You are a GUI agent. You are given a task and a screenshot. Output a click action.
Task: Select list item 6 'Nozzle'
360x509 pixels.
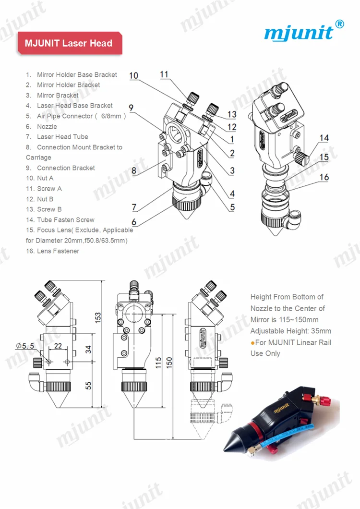pyautogui.click(x=47, y=126)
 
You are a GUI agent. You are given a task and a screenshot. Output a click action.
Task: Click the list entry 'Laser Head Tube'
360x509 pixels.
pyautogui.click(x=62, y=137)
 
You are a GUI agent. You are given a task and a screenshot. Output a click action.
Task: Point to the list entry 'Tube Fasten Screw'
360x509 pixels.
pyautogui.click(x=65, y=219)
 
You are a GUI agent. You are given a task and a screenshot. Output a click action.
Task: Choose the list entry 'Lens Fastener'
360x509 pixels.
pyautogui.click(x=58, y=251)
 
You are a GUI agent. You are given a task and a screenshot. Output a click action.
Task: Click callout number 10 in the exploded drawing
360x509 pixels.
pyautogui.click(x=134, y=75)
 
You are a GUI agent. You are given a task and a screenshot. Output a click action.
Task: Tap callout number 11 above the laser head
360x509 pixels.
pyautogui.click(x=165, y=74)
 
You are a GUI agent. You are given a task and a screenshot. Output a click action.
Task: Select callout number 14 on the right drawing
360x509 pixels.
pyautogui.click(x=324, y=138)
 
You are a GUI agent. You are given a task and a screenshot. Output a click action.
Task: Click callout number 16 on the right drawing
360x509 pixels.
pyautogui.click(x=324, y=177)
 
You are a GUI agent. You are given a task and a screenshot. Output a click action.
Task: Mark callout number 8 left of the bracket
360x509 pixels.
pyautogui.click(x=134, y=170)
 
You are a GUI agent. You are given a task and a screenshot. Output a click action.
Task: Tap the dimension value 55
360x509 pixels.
pyautogui.click(x=88, y=385)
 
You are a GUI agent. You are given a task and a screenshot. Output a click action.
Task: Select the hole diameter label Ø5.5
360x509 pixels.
pyautogui.click(x=24, y=346)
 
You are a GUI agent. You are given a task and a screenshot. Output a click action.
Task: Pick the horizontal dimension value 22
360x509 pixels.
pyautogui.click(x=58, y=346)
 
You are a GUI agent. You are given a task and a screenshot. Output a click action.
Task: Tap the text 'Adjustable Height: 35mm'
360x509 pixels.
pyautogui.click(x=290, y=331)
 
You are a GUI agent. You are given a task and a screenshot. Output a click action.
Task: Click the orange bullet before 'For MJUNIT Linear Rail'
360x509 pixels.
pyautogui.click(x=253, y=343)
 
